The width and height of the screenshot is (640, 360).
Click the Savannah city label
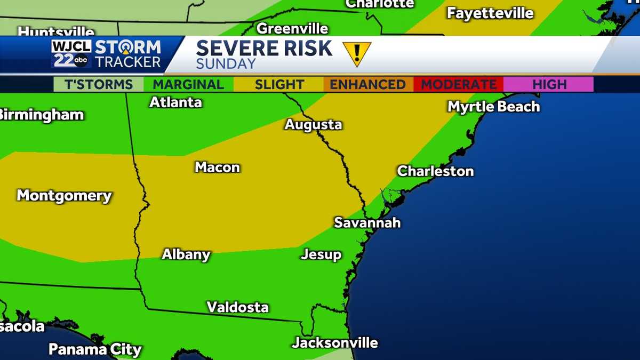click(367, 222)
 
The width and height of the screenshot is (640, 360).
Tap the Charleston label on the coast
click(435, 171)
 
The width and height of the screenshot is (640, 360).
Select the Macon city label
click(217, 167)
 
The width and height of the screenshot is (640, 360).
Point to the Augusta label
click(313, 125)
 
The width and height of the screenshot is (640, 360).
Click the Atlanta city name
click(175, 102)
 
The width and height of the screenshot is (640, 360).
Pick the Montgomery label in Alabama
click(64, 196)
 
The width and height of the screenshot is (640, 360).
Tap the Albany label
click(186, 254)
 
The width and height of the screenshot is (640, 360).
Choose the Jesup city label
click(321, 254)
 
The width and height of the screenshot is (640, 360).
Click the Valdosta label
click(237, 307)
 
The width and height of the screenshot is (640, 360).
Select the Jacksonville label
click(334, 342)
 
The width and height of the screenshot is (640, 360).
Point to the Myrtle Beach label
click(493, 107)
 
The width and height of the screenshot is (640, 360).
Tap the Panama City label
click(95, 350)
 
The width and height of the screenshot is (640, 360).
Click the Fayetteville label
click(490, 13)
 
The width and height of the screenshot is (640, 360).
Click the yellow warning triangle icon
click(356, 53)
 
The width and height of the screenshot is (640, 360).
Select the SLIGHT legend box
click(279, 84)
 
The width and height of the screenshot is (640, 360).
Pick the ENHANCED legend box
click(367, 84)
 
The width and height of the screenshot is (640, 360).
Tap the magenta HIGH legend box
click(549, 84)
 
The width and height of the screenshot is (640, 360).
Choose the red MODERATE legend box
click(459, 84)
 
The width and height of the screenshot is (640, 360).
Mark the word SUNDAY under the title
click(226, 64)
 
